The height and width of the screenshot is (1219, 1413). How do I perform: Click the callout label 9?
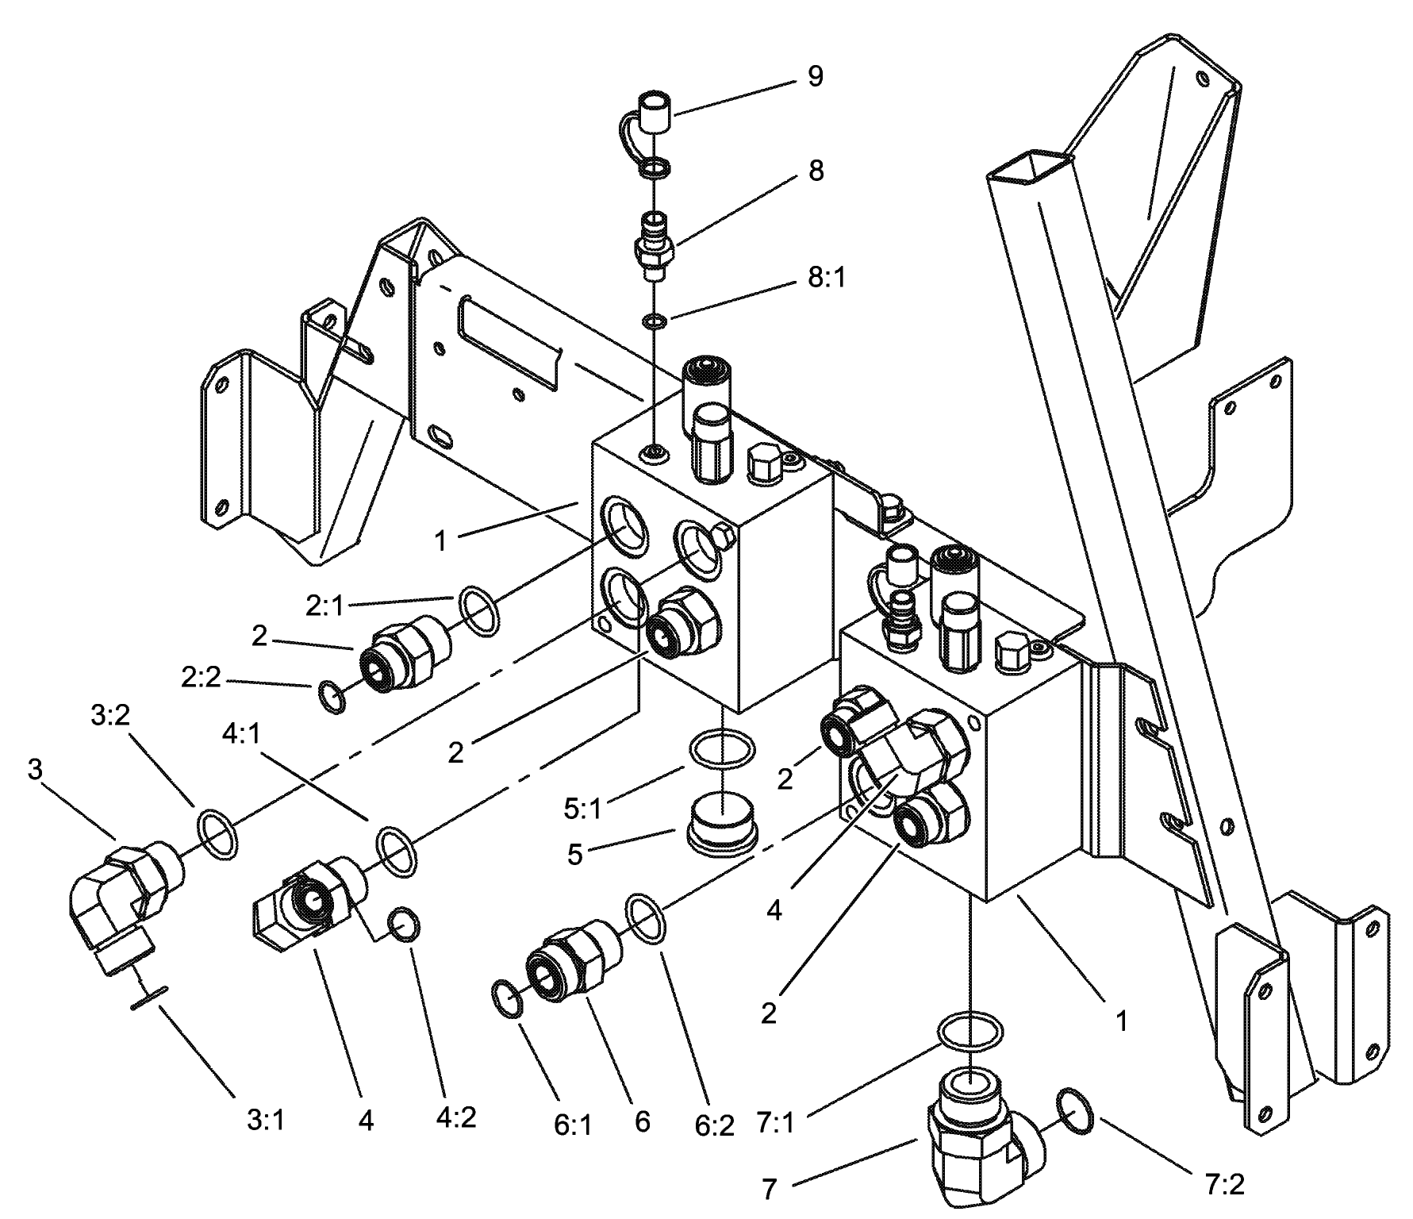click(x=816, y=77)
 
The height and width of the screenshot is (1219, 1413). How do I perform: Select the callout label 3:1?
click(x=265, y=1120)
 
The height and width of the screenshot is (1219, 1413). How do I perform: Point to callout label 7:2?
click(x=1223, y=1184)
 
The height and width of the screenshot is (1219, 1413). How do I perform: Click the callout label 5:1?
click(x=583, y=809)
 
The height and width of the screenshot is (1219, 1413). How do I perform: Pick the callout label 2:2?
click(x=201, y=677)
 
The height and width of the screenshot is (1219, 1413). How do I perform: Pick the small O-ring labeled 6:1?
click(x=507, y=998)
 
